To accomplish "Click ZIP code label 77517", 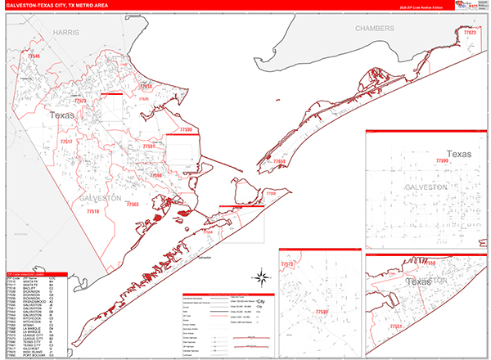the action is click(x=67, y=142).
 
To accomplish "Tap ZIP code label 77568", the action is click(x=155, y=175).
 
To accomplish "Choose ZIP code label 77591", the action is click(x=148, y=146).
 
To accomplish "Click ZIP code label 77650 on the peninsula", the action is click(x=279, y=162).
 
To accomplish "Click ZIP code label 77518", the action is click(x=146, y=85).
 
